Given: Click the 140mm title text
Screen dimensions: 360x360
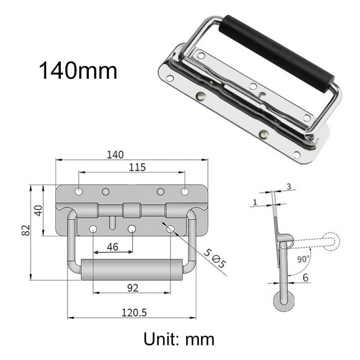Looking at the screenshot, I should pyautogui.click(x=78, y=71).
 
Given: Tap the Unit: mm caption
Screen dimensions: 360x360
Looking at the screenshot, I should pyautogui.click(x=179, y=339).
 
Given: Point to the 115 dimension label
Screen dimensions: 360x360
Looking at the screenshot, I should pyautogui.click(x=137, y=167).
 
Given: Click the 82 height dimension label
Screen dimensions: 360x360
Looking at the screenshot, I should pyautogui.click(x=26, y=231).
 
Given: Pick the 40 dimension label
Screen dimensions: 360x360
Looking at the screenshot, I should pyautogui.click(x=38, y=210).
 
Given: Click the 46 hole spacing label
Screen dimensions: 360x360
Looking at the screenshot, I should pyautogui.click(x=112, y=246).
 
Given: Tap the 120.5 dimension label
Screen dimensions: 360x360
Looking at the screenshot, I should pyautogui.click(x=132, y=312).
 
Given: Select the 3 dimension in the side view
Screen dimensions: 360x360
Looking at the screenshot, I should pyautogui.click(x=288, y=187).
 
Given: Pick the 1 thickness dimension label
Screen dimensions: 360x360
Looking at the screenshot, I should pyautogui.click(x=255, y=201).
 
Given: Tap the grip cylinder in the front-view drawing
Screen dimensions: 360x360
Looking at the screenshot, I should pyautogui.click(x=132, y=269).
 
